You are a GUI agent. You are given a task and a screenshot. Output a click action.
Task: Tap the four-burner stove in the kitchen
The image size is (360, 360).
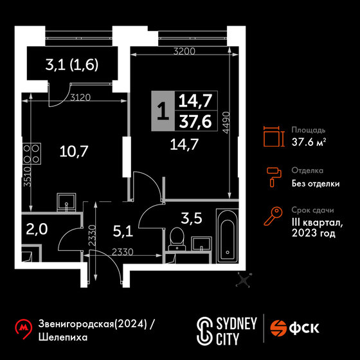[32, 154]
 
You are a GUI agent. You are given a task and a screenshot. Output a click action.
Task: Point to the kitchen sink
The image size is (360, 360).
[66, 202]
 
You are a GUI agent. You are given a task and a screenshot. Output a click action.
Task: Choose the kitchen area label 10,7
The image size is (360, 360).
[74, 151]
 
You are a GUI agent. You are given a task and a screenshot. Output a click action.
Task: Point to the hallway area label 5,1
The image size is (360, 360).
[123, 231]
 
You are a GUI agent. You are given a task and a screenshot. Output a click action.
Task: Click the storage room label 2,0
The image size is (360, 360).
[37, 229]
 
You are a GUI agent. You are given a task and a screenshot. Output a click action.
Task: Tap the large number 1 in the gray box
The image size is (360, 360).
[163, 111]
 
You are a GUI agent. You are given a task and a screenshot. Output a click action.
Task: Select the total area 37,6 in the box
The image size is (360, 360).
[195, 122]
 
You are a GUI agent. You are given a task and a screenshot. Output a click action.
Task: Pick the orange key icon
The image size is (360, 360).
[273, 216]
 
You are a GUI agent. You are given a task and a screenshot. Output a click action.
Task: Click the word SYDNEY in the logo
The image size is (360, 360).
[237, 324]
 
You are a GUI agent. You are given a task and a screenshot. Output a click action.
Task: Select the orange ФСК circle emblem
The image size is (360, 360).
[278, 328]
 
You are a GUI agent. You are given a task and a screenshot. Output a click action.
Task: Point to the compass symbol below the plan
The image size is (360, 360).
[244, 280]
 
